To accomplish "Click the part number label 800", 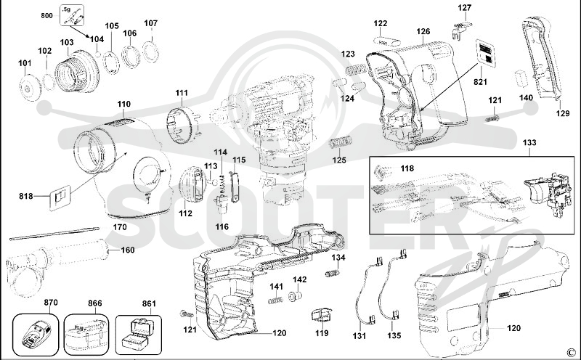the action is (46, 15).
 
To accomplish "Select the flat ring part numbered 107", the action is (151, 52).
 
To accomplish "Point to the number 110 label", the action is (124, 104).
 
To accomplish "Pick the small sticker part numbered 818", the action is (60, 197).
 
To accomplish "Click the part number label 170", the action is (120, 226).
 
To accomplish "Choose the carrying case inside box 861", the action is (138, 334).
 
